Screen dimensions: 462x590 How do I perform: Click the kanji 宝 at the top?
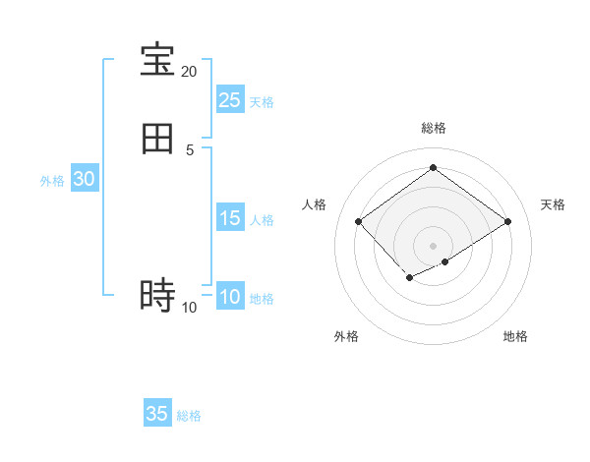(x=157, y=60)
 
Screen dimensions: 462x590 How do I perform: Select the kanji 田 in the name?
(x=157, y=139)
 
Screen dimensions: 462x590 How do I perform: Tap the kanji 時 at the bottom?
(x=157, y=296)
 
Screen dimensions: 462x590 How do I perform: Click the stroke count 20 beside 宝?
(x=189, y=72)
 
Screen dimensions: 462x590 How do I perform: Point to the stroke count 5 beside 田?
(x=189, y=149)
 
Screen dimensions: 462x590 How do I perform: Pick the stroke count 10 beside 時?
(x=189, y=308)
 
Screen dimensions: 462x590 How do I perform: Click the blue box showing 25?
(x=229, y=100)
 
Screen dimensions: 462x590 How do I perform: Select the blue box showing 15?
(x=229, y=218)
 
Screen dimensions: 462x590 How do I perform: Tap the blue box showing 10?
(x=229, y=297)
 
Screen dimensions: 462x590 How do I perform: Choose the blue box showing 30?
(x=84, y=179)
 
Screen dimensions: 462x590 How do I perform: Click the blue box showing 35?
(x=157, y=414)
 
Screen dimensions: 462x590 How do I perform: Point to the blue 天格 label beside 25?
(x=262, y=102)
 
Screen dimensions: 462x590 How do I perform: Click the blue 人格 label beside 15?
(x=262, y=220)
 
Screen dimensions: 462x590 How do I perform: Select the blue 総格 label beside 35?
(x=189, y=416)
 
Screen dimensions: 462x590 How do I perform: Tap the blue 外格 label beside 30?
(x=52, y=181)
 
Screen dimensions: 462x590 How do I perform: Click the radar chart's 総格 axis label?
(x=433, y=129)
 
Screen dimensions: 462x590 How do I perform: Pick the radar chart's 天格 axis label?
(x=553, y=204)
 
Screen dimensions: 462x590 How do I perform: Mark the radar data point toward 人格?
(x=359, y=221)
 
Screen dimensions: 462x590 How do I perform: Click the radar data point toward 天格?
(x=507, y=221)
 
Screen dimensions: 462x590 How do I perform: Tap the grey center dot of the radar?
(x=433, y=245)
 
